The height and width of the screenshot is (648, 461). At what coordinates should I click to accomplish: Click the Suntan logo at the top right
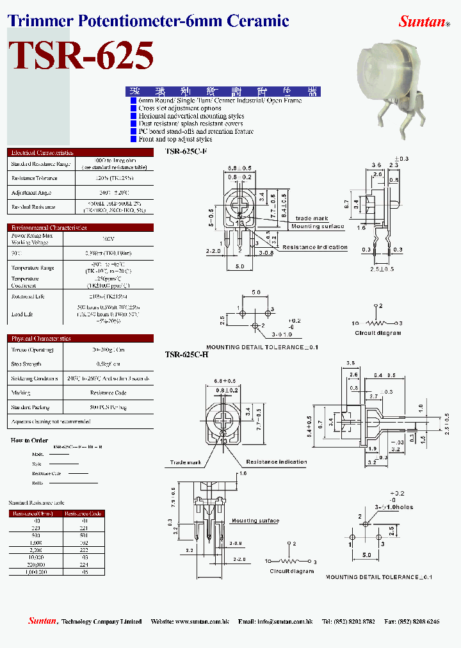point(423,22)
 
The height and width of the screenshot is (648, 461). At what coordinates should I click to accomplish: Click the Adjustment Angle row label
point(31,193)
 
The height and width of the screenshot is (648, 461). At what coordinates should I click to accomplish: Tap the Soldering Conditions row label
point(35,378)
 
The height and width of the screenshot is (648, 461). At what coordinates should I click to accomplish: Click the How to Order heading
point(29,441)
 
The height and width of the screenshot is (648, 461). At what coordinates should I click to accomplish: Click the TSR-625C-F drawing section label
point(186,152)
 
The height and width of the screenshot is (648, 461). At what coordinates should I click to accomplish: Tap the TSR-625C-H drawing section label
point(186,354)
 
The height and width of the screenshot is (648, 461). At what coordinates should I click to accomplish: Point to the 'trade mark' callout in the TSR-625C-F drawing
point(312,218)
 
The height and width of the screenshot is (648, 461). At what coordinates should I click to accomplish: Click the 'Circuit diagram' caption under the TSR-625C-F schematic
point(378,333)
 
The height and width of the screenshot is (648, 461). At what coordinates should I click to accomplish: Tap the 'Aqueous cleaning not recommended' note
point(51,421)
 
